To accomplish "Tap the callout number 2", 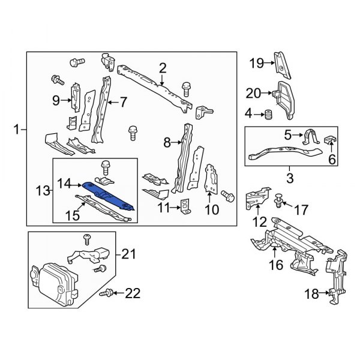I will click(162, 68).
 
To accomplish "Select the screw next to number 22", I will click(108, 292).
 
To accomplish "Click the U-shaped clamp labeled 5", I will click(309, 137).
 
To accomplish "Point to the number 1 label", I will click(17, 128).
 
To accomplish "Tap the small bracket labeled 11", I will click(186, 206).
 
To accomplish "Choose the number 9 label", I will click(56, 101).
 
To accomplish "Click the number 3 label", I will click(290, 178).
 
